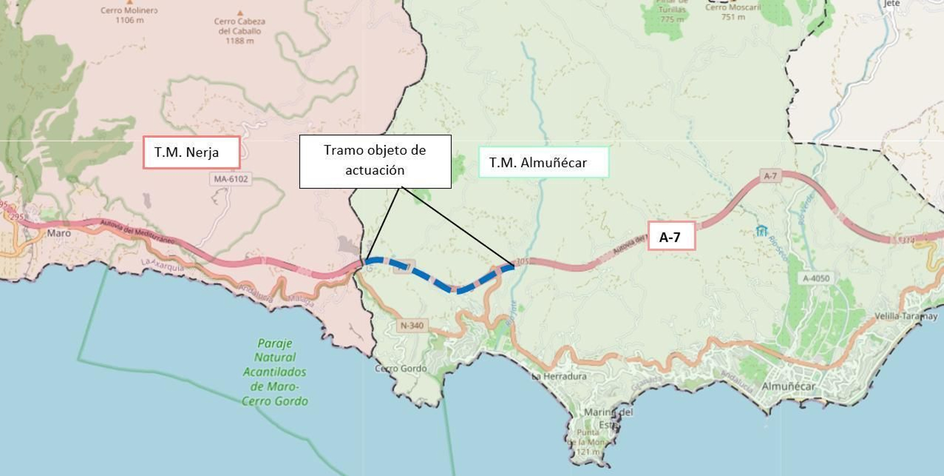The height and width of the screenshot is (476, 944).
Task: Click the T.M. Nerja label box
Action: pos(191,152)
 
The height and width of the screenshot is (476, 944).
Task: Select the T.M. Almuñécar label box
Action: pos(543,162)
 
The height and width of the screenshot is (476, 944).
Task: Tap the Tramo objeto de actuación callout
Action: pos(375,161)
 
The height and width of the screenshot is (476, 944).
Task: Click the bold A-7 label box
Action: pos(671,237)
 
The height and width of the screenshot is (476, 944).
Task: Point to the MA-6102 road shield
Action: pos(231,179)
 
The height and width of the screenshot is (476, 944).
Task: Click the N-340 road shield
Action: pos(412,325)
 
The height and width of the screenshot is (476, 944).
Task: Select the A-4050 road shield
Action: pos(816,278)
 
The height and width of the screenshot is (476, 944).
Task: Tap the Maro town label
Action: pos(59,233)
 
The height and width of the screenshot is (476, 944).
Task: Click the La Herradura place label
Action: pos(559,376)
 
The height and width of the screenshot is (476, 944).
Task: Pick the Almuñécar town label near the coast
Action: pos(788,386)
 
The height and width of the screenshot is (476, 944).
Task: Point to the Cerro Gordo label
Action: pos(401,369)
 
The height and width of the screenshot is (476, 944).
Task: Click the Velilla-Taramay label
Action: pos(906,316)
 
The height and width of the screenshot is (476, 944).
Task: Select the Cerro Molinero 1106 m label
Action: pos(129,15)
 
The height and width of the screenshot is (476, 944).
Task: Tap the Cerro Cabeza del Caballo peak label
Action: pos(240,31)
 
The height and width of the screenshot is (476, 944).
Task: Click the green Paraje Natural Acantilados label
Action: pos(275,372)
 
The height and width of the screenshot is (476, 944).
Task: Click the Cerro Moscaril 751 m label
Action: pos(733,12)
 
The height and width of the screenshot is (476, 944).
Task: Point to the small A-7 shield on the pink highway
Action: pos(770,176)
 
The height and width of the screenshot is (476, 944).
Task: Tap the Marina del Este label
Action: pos(608,418)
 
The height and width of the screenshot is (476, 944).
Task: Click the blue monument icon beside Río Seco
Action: pos(761,230)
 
